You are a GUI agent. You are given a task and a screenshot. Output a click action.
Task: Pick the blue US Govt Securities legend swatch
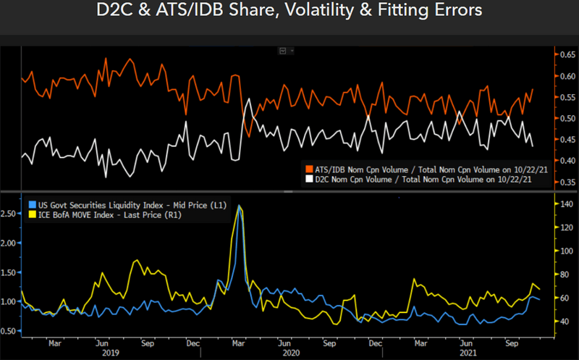click(x=31, y=206)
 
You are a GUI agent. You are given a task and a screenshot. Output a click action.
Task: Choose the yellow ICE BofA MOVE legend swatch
click(x=31, y=215)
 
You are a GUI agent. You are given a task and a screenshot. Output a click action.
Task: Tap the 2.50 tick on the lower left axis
click(x=11, y=214)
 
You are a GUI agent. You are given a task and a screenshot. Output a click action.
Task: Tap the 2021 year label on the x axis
click(x=468, y=353)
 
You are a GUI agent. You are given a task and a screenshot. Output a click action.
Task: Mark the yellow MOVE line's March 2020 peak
click(x=240, y=206)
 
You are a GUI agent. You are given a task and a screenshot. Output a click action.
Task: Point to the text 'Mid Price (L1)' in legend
click(x=197, y=206)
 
